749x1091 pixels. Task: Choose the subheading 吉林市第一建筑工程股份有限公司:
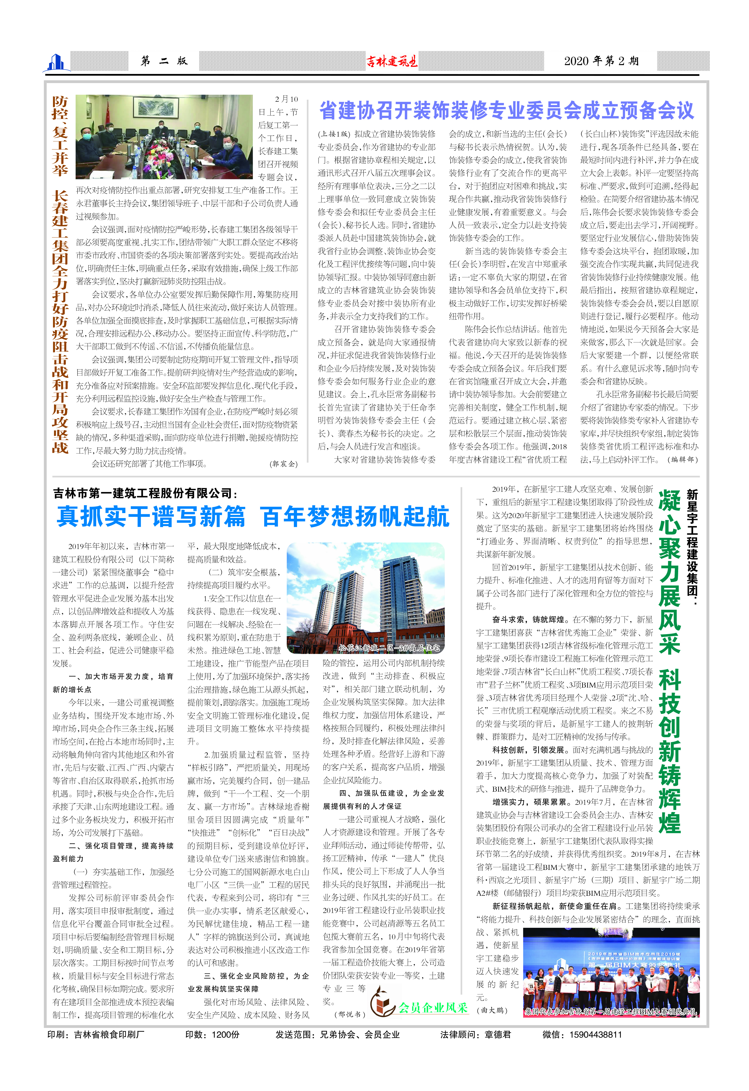point(145,493)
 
